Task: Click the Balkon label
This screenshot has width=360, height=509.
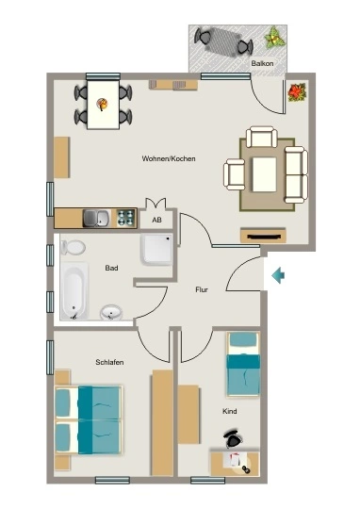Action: (262, 63)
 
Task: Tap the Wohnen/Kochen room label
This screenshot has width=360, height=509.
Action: (169, 158)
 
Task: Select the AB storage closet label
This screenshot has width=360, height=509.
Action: (156, 220)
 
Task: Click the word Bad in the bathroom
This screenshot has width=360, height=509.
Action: (111, 268)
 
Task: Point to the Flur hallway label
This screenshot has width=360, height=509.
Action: (202, 289)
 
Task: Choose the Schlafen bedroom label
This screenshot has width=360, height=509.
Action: (109, 362)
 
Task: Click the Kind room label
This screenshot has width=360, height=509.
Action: (230, 411)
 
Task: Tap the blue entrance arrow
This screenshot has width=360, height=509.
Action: (278, 276)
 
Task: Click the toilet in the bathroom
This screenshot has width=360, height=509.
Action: (74, 247)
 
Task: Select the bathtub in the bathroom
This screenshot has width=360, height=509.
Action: (74, 291)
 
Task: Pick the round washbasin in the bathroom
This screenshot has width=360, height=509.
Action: (111, 313)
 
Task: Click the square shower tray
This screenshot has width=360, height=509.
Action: (156, 249)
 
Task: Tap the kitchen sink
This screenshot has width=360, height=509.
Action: (96, 218)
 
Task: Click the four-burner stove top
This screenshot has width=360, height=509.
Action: (126, 218)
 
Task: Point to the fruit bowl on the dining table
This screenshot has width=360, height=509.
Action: (103, 105)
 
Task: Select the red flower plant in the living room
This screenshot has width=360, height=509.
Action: (298, 92)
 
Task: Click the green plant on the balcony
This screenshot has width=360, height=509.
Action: (274, 38)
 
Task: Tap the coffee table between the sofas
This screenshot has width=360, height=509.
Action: (265, 174)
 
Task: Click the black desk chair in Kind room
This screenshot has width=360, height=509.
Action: (233, 438)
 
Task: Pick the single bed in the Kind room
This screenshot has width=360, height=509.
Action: (243, 364)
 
